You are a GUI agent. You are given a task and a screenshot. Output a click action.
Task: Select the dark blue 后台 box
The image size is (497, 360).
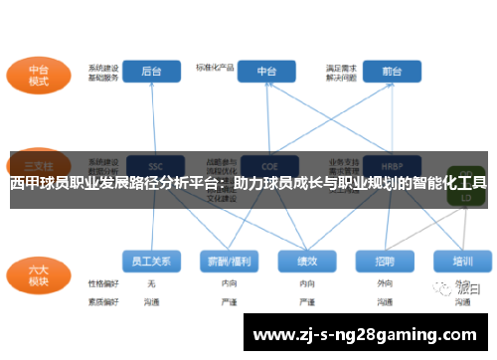[152, 72]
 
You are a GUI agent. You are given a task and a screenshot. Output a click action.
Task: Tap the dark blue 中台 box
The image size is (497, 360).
[267, 72]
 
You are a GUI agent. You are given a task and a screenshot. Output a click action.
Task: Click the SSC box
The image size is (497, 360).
[152, 165]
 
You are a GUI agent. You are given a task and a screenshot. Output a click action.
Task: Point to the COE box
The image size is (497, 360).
[267, 165]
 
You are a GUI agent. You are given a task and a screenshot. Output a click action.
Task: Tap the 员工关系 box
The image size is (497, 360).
[152, 261]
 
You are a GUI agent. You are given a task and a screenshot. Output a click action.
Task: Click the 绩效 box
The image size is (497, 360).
[307, 261]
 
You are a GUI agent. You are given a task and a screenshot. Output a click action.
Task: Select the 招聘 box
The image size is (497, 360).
[385, 261]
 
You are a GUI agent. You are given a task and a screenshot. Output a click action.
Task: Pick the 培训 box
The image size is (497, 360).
[462, 261]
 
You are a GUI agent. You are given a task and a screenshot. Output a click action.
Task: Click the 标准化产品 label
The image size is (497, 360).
[215, 68]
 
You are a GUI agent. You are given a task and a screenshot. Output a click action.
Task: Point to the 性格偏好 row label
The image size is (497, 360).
[102, 284]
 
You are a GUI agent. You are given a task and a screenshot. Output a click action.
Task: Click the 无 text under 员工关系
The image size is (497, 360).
[152, 284]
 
